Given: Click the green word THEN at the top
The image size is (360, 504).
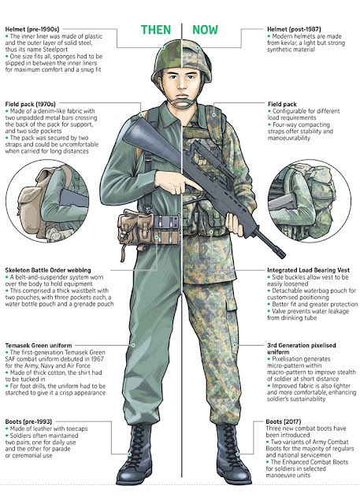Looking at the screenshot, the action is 156,30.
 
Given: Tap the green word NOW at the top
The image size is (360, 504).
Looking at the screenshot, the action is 205,30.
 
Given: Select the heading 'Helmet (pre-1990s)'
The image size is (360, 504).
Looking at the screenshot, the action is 32,29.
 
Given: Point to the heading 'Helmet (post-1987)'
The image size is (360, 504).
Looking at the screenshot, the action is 294,29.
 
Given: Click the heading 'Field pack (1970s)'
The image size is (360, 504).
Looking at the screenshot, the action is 30,104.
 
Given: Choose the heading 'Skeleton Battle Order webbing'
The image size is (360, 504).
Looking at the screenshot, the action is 48,270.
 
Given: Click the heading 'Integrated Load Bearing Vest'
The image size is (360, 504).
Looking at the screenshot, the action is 308,270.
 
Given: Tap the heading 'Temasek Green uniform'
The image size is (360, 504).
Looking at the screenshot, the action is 39,346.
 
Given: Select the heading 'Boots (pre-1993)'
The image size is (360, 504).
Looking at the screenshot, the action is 28,421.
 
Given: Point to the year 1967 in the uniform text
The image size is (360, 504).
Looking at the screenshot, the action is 97,359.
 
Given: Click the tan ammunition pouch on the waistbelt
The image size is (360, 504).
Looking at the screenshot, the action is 135,227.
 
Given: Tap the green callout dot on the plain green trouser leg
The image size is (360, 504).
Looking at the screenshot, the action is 133,345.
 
